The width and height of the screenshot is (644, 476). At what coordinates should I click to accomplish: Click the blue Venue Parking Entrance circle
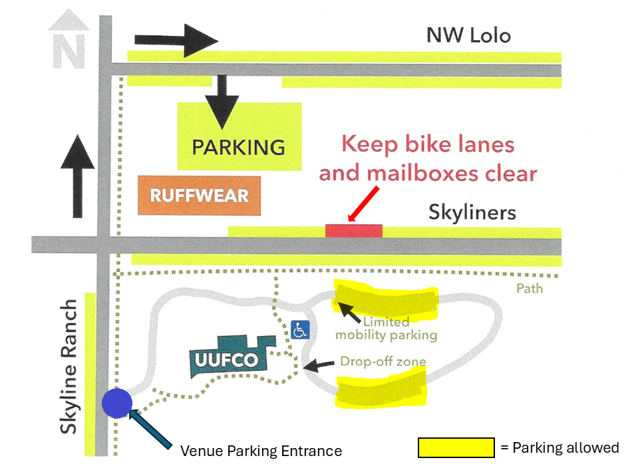pos(118,403)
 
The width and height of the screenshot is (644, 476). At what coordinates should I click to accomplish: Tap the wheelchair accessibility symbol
pos(301,328)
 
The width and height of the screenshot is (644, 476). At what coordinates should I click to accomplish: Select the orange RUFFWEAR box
pos(199,196)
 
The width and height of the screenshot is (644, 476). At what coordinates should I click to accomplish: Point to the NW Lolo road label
pos(468,35)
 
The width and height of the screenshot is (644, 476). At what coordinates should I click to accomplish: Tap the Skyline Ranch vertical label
pos(69,366)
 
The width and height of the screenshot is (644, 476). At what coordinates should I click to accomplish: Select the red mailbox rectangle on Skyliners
pos(353,231)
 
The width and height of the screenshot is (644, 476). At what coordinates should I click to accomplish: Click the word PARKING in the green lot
pos(238,147)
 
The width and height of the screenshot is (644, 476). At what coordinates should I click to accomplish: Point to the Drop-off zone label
pos(383,362)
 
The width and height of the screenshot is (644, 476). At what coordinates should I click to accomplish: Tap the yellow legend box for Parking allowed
pos(456,448)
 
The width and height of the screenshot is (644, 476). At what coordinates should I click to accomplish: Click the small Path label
pos(529,289)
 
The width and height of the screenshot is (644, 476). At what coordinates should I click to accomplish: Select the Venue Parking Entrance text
pos(261,451)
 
